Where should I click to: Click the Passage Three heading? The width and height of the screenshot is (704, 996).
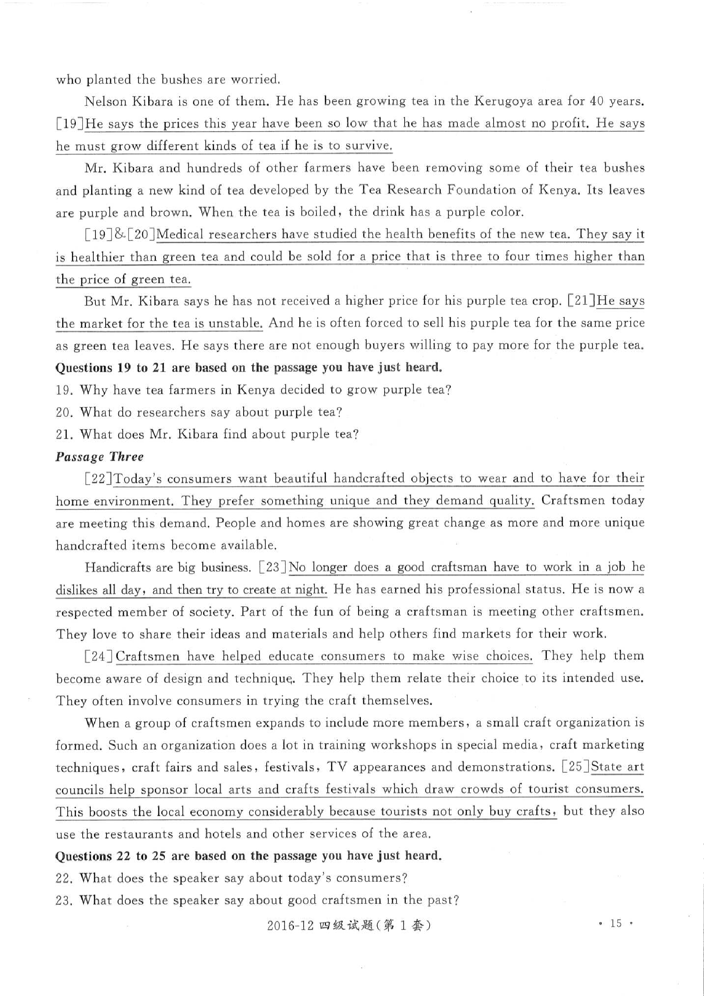pyautogui.click(x=99, y=457)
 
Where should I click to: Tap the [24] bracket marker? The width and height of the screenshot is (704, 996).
pyautogui.click(x=99, y=656)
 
